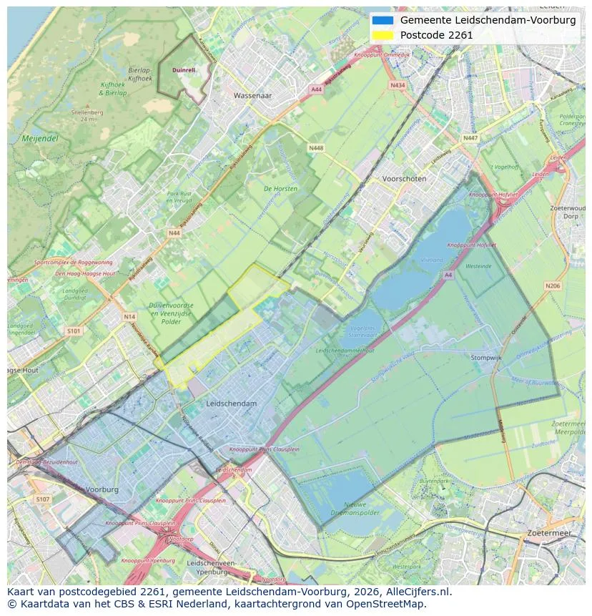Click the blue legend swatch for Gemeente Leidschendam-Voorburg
coord(383,20)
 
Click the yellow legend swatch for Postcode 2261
coord(383,35)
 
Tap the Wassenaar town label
coord(253,94)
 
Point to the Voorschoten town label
coord(404,179)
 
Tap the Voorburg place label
coord(102,490)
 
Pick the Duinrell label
coord(184,70)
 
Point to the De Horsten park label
coord(280,189)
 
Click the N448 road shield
coord(315,148)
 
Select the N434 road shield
coord(398,85)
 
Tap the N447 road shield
coord(470,138)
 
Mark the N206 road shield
coord(552,286)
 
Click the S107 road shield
coord(43,499)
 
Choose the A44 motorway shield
coord(316,89)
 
